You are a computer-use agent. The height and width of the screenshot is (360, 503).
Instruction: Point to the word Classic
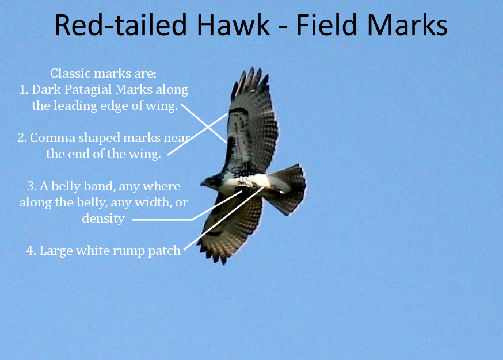tap(71, 74)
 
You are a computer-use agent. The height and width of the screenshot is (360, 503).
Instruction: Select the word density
tap(103, 219)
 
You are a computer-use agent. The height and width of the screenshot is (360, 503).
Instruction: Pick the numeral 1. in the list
tap(24, 90)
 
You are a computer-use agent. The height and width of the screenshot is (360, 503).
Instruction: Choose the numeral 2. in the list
tap(22, 138)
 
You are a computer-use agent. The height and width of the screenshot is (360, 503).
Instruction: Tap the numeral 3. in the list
tap(32, 186)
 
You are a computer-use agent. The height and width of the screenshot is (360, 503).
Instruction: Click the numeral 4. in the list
tap(32, 251)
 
